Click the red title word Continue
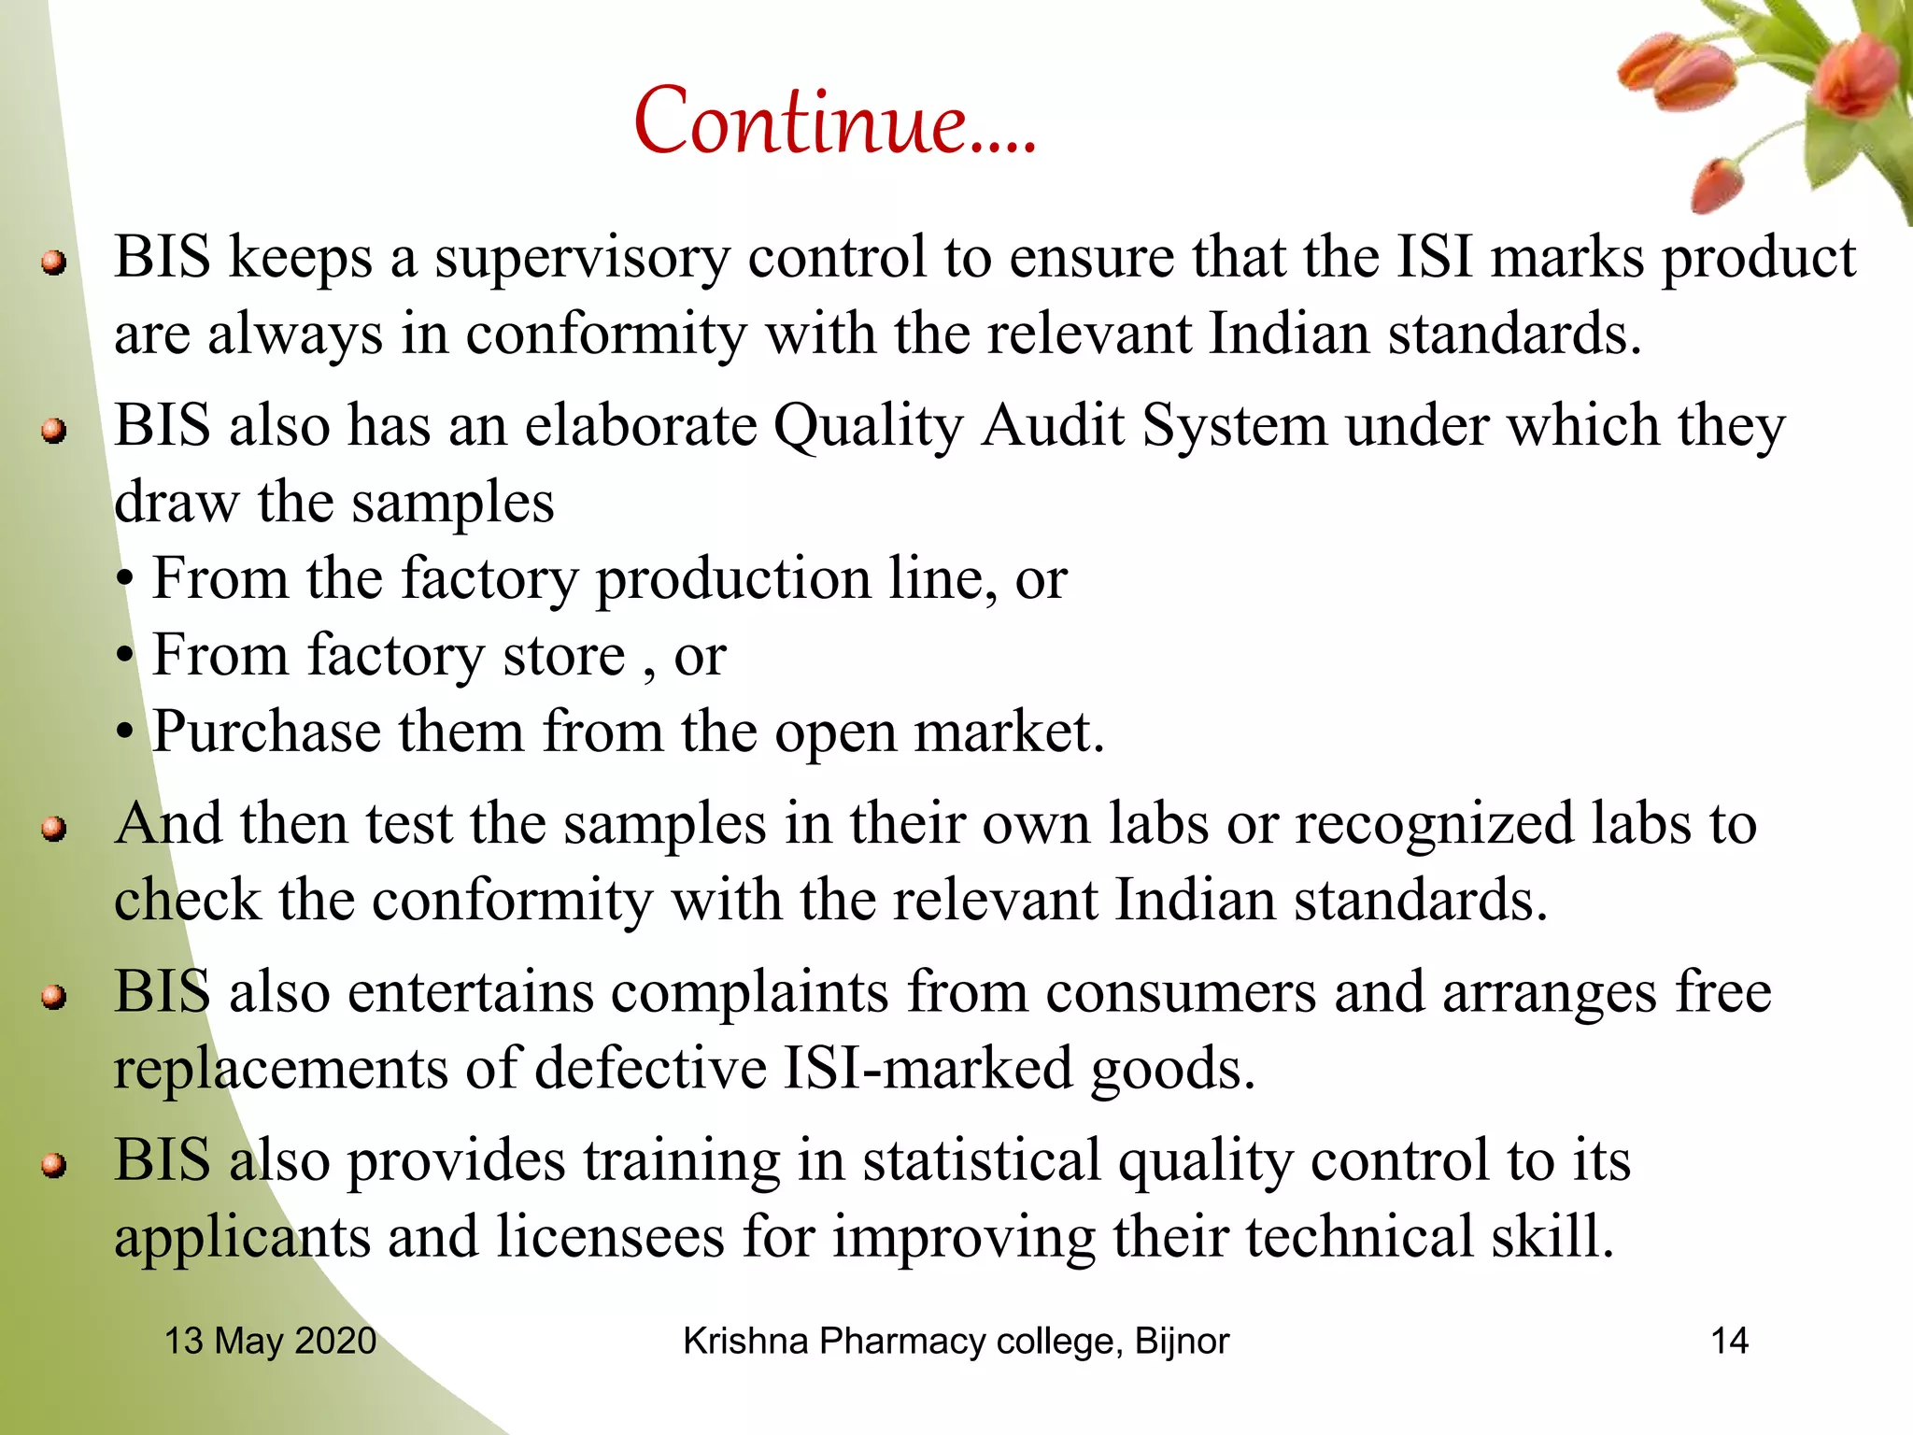click(834, 121)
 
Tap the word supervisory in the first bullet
click(581, 258)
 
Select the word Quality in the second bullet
click(868, 427)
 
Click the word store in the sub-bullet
click(563, 655)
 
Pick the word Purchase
click(266, 732)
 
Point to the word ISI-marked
click(928, 1069)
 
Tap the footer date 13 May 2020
click(270, 1341)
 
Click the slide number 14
click(1729, 1341)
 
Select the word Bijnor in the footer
click(1182, 1341)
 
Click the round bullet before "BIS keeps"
click(54, 263)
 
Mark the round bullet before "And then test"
click(54, 829)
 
